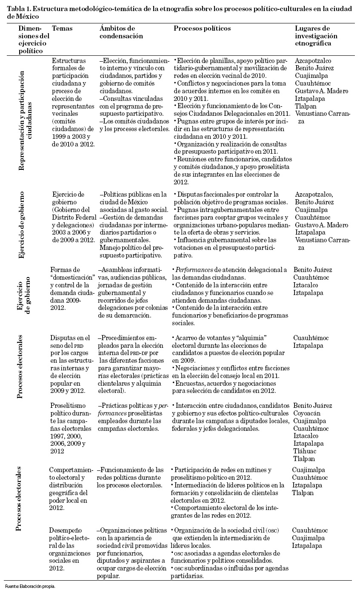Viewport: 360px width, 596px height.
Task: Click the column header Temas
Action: pos(62,29)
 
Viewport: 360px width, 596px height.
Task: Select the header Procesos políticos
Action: pos(202,29)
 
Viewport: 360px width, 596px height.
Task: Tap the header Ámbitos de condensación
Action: pos(117,32)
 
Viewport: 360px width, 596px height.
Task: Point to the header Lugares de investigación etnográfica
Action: pos(316,36)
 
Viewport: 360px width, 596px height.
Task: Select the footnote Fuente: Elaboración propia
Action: pos(30,586)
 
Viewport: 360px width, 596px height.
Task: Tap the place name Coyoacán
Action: pos(307,413)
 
